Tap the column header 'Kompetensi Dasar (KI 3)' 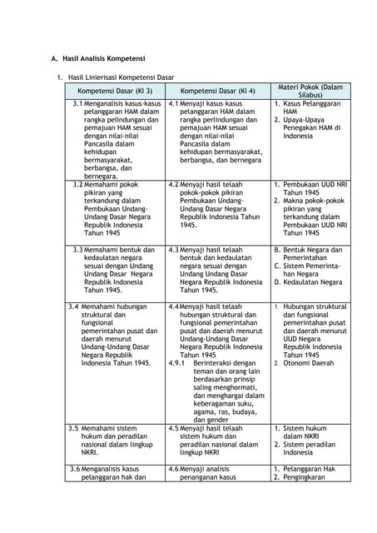pos(115,90)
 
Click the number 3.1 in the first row pos(77,104)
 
